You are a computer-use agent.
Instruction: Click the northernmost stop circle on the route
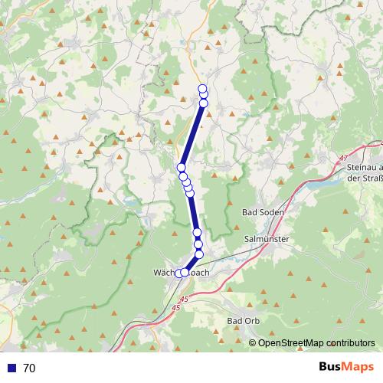click(203, 87)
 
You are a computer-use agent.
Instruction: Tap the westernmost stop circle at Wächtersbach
click(179, 273)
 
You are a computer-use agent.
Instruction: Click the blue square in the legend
click(8, 368)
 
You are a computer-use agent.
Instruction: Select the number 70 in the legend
click(29, 368)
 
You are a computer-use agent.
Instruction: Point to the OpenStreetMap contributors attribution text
click(316, 343)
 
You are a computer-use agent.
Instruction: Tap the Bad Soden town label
click(263, 212)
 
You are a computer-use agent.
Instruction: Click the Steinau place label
click(365, 167)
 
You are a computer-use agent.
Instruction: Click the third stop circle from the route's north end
click(203, 103)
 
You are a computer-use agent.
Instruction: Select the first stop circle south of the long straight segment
click(182, 167)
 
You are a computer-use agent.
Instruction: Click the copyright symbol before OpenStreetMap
click(254, 343)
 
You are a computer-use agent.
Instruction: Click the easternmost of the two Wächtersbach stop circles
click(185, 272)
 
